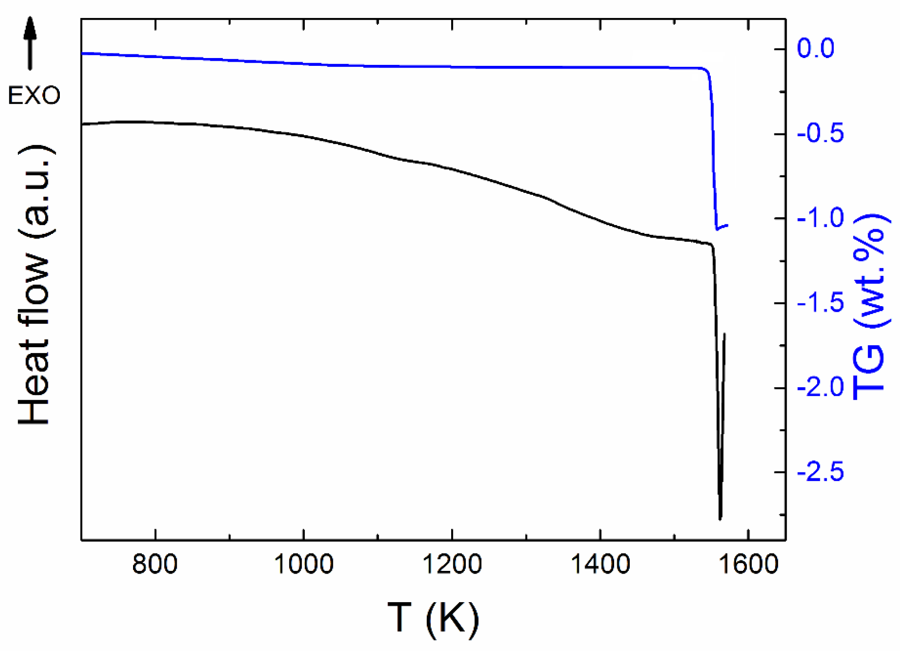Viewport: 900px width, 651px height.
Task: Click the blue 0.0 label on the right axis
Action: pyautogui.click(x=815, y=48)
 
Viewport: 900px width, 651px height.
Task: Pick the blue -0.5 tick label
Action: pyautogui.click(x=821, y=134)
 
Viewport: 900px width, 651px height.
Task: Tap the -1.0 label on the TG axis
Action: pyautogui.click(x=821, y=218)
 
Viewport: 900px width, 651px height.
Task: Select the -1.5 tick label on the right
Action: pyautogui.click(x=821, y=303)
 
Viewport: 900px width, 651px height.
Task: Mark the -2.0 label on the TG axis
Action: pyautogui.click(x=821, y=388)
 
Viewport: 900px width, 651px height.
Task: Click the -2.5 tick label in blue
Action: pyautogui.click(x=821, y=472)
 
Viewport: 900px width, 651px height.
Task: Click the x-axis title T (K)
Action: pyautogui.click(x=433, y=618)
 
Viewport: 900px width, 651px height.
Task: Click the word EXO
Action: pyautogui.click(x=34, y=96)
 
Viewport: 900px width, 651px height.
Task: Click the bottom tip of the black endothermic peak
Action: pyautogui.click(x=720, y=518)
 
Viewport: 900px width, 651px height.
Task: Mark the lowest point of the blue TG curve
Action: pyautogui.click(x=717, y=229)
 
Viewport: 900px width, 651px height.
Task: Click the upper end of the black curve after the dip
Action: pyautogui.click(x=725, y=334)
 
